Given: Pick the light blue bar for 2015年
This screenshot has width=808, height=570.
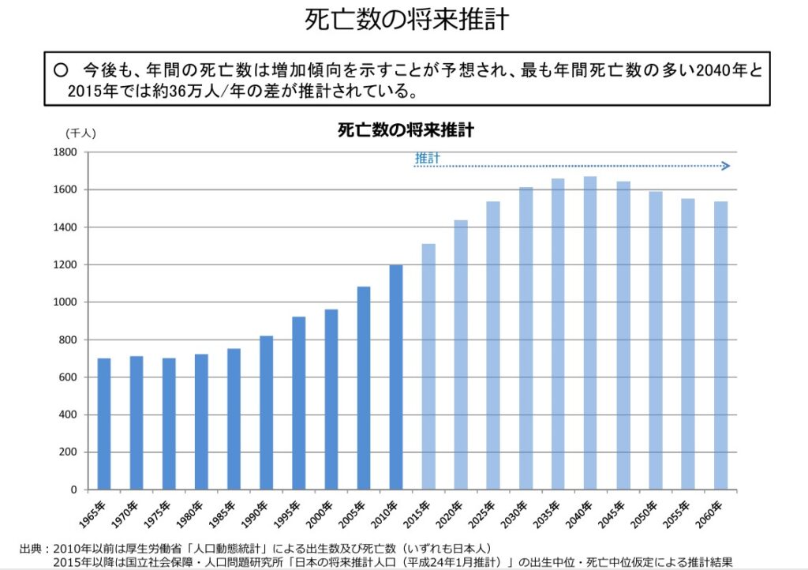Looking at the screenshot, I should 428,366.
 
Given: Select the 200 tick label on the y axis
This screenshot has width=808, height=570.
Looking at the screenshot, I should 68,452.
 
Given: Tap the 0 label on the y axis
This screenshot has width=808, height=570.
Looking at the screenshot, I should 74,490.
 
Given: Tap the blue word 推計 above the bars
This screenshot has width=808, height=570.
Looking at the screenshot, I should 427,159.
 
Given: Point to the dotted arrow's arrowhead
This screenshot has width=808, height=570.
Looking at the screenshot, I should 726,166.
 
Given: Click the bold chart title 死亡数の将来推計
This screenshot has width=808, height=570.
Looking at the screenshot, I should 406,130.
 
